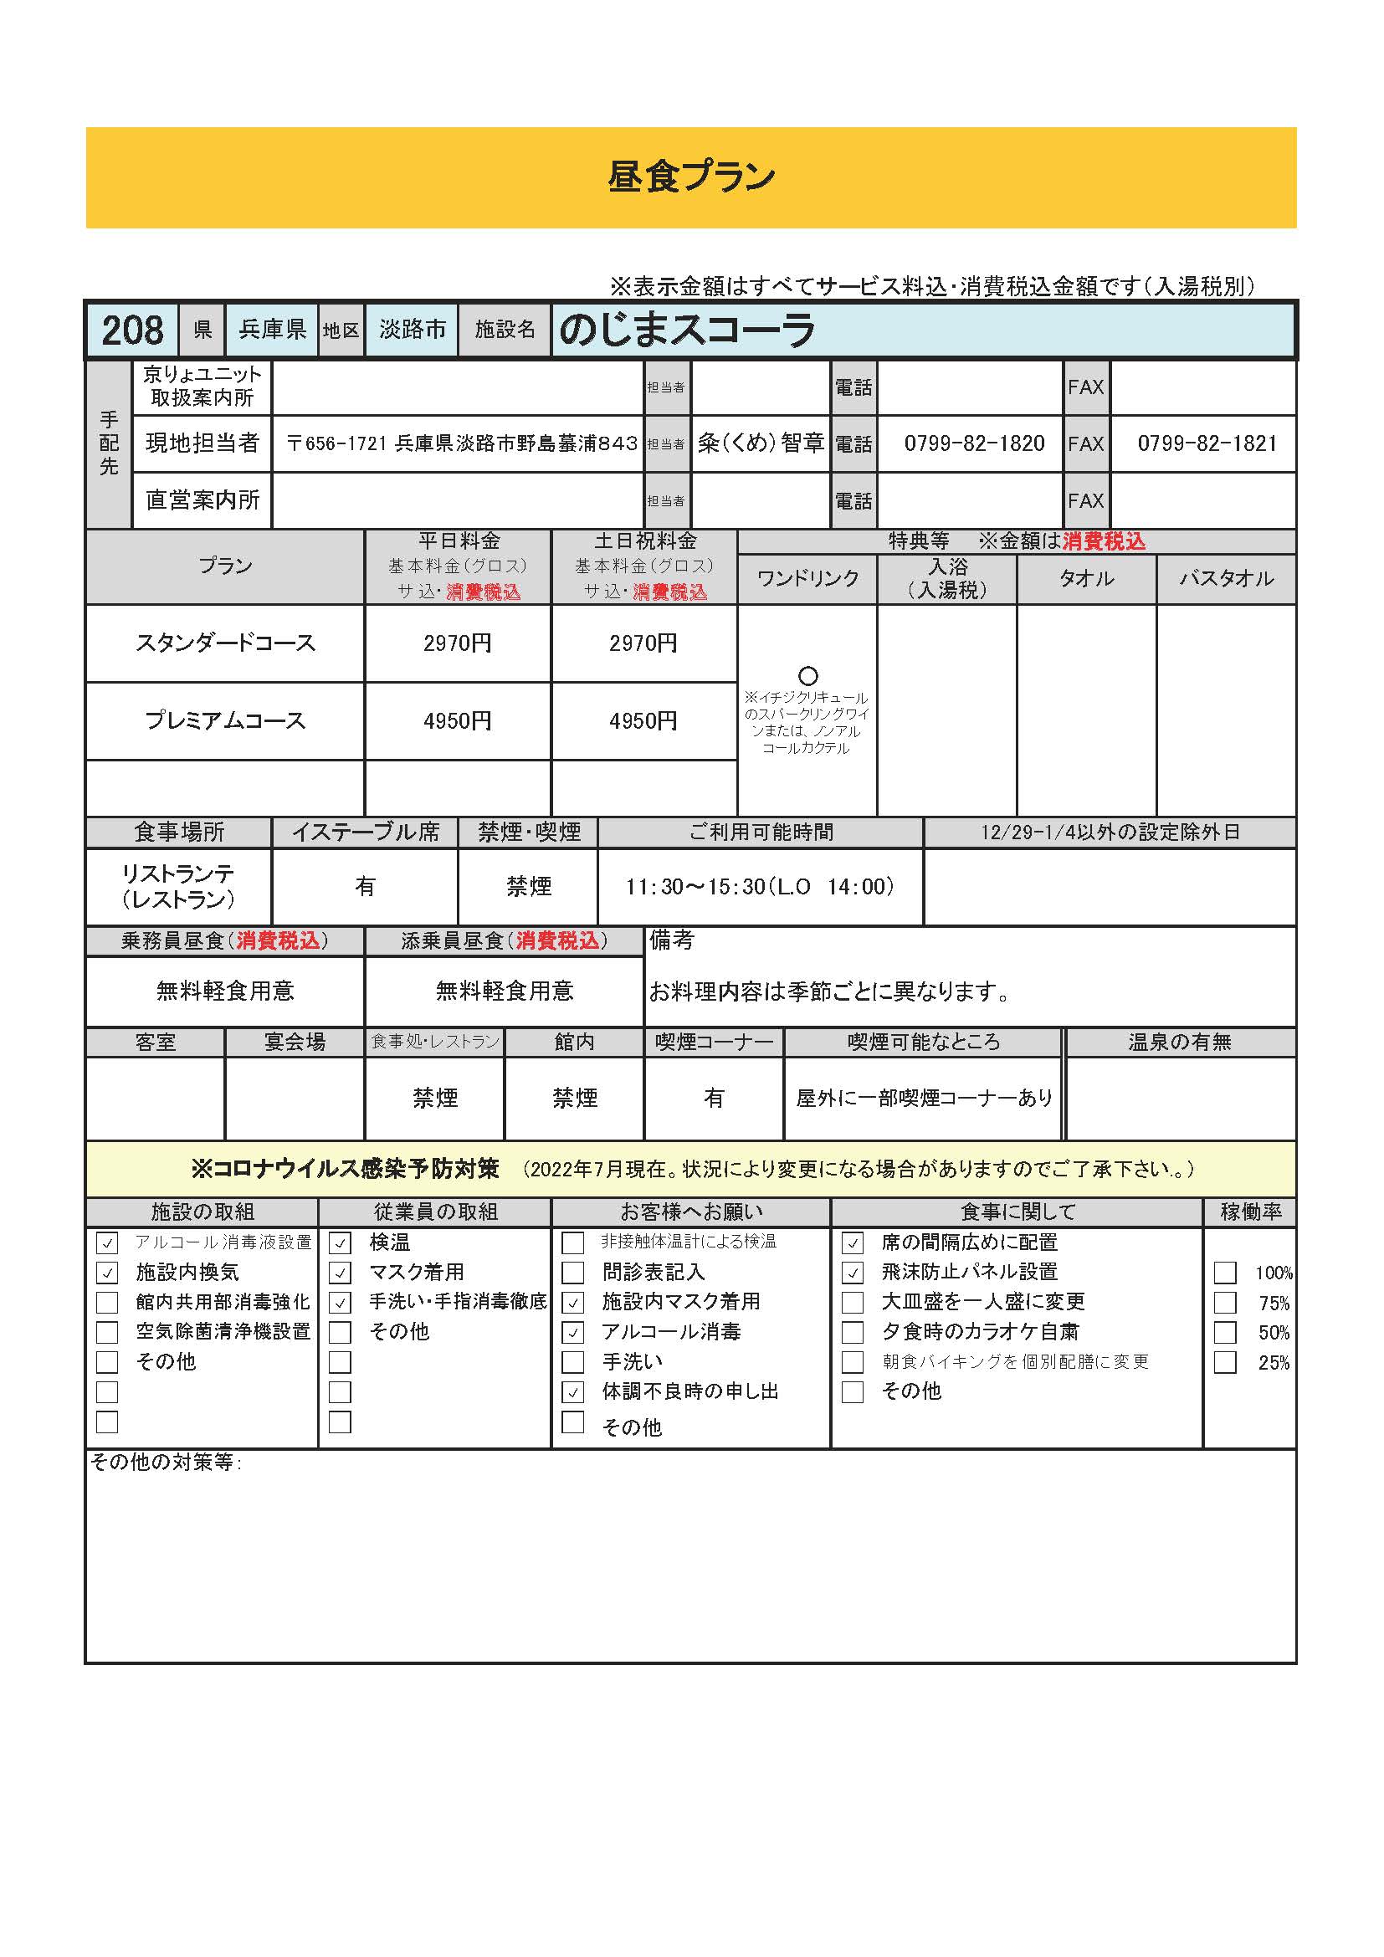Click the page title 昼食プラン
(x=691, y=177)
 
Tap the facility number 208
(x=132, y=330)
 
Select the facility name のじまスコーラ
(x=687, y=330)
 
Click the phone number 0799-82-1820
(x=974, y=444)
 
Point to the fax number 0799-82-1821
(x=1207, y=444)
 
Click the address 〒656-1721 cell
(x=461, y=444)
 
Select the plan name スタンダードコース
(x=225, y=643)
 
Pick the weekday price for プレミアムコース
(x=457, y=721)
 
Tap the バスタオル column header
(x=1226, y=580)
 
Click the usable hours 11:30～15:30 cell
(x=759, y=887)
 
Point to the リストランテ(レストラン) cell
(x=178, y=886)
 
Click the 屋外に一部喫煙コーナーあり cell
(x=924, y=1099)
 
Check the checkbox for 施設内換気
(x=107, y=1273)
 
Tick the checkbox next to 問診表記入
(x=572, y=1273)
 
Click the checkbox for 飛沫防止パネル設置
(x=852, y=1273)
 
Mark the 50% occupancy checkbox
(x=1225, y=1333)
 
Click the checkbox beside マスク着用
(x=340, y=1273)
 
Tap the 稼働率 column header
(x=1250, y=1212)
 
